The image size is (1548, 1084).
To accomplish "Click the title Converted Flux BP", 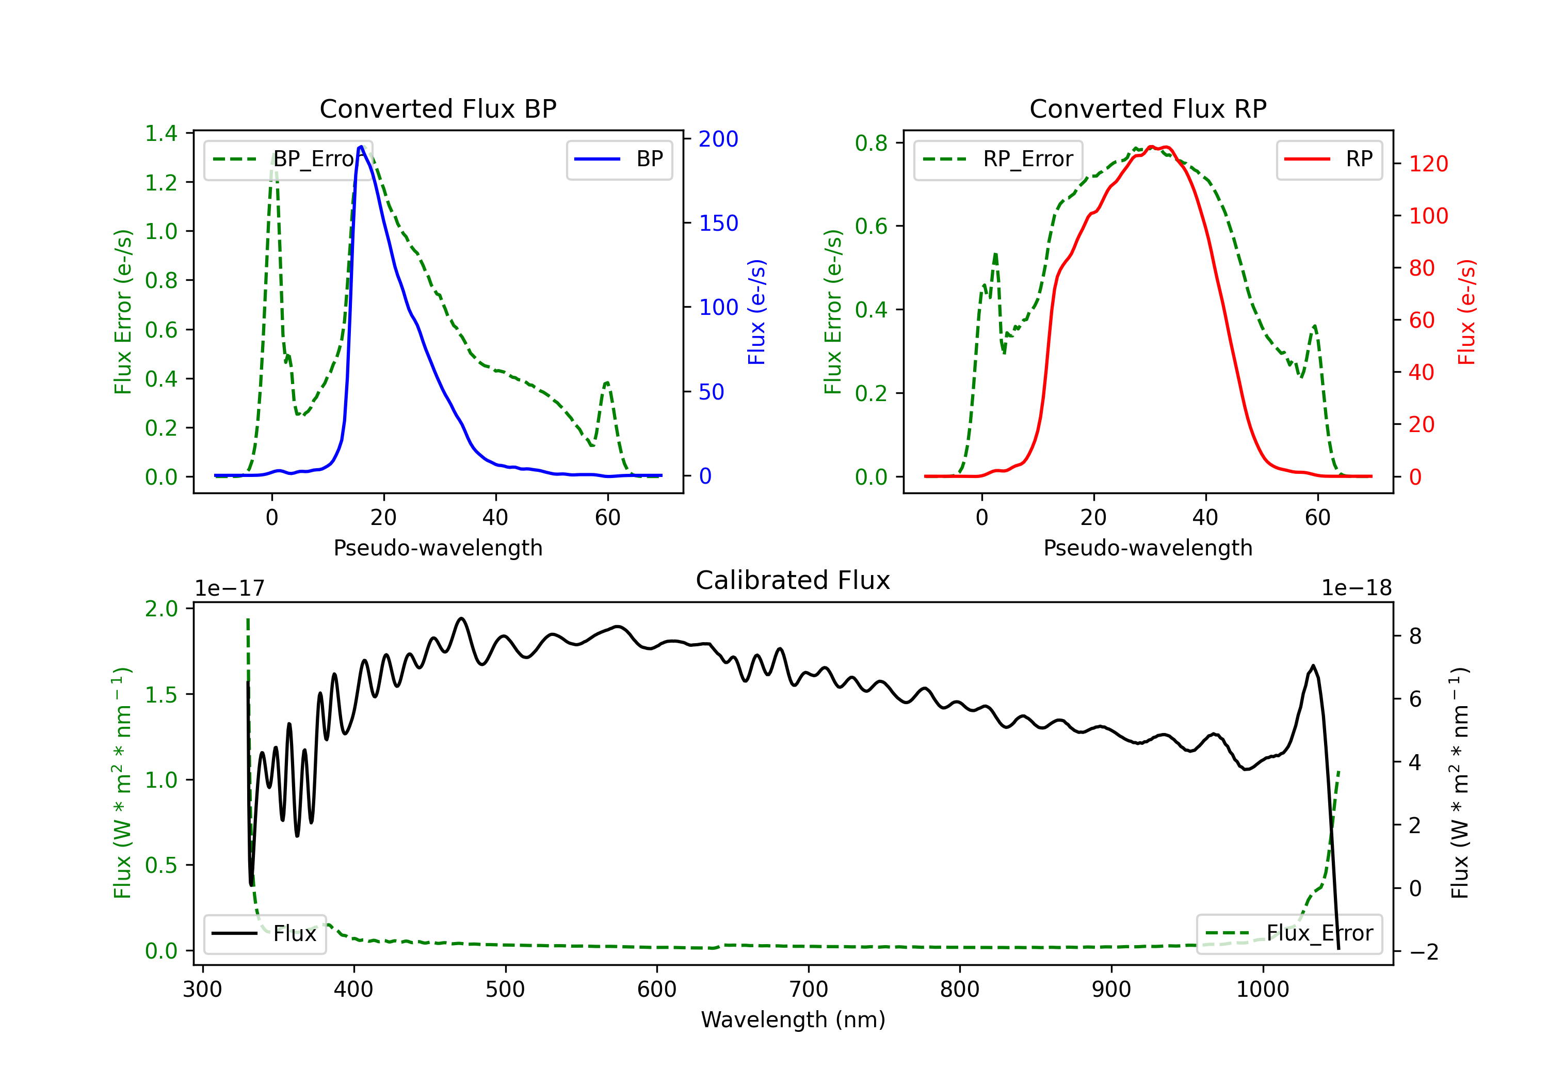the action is point(438,108).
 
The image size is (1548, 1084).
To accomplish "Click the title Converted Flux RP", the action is point(1148,108).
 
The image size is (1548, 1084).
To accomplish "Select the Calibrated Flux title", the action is point(793,580).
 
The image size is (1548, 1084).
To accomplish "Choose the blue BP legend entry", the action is point(619,159).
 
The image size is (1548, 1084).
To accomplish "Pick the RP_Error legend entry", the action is point(998,159).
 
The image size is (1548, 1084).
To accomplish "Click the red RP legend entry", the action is point(1329,159).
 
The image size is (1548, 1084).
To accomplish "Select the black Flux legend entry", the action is point(264,934).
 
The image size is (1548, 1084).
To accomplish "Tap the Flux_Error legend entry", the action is point(1289,934).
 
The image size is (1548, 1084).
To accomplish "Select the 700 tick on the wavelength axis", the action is point(809,989).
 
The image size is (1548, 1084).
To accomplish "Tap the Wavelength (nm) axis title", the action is point(793,1019).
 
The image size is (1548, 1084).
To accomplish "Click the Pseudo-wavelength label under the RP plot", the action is point(1148,548).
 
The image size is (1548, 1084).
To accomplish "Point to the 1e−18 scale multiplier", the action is point(1357,588).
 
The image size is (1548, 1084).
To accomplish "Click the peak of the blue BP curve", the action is point(361,147).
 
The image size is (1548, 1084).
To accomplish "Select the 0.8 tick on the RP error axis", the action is point(871,143).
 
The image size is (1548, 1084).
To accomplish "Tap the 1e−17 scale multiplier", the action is point(230,588).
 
